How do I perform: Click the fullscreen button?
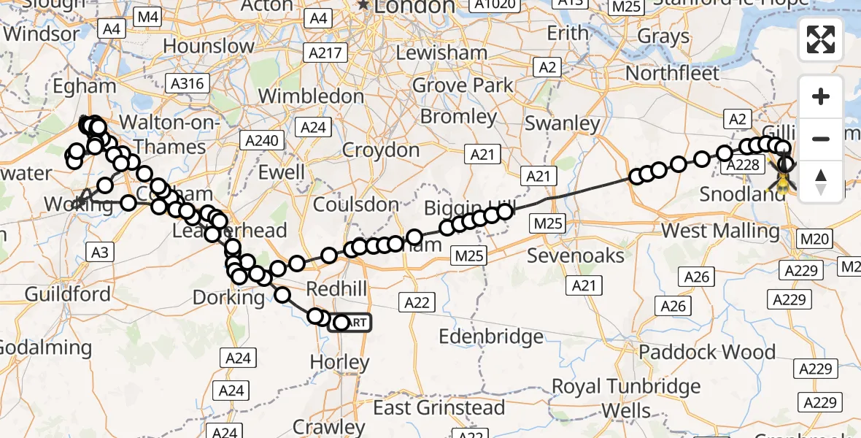click(x=821, y=39)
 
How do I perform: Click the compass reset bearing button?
click(x=821, y=181)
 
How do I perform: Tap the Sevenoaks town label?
click(x=576, y=255)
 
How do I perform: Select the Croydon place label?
click(x=382, y=151)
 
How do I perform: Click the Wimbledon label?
click(x=311, y=96)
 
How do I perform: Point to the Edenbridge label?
click(x=490, y=337)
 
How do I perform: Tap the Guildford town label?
click(x=68, y=294)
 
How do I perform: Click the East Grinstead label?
click(x=439, y=407)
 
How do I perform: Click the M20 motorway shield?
click(x=814, y=239)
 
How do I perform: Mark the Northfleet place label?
click(x=672, y=73)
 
